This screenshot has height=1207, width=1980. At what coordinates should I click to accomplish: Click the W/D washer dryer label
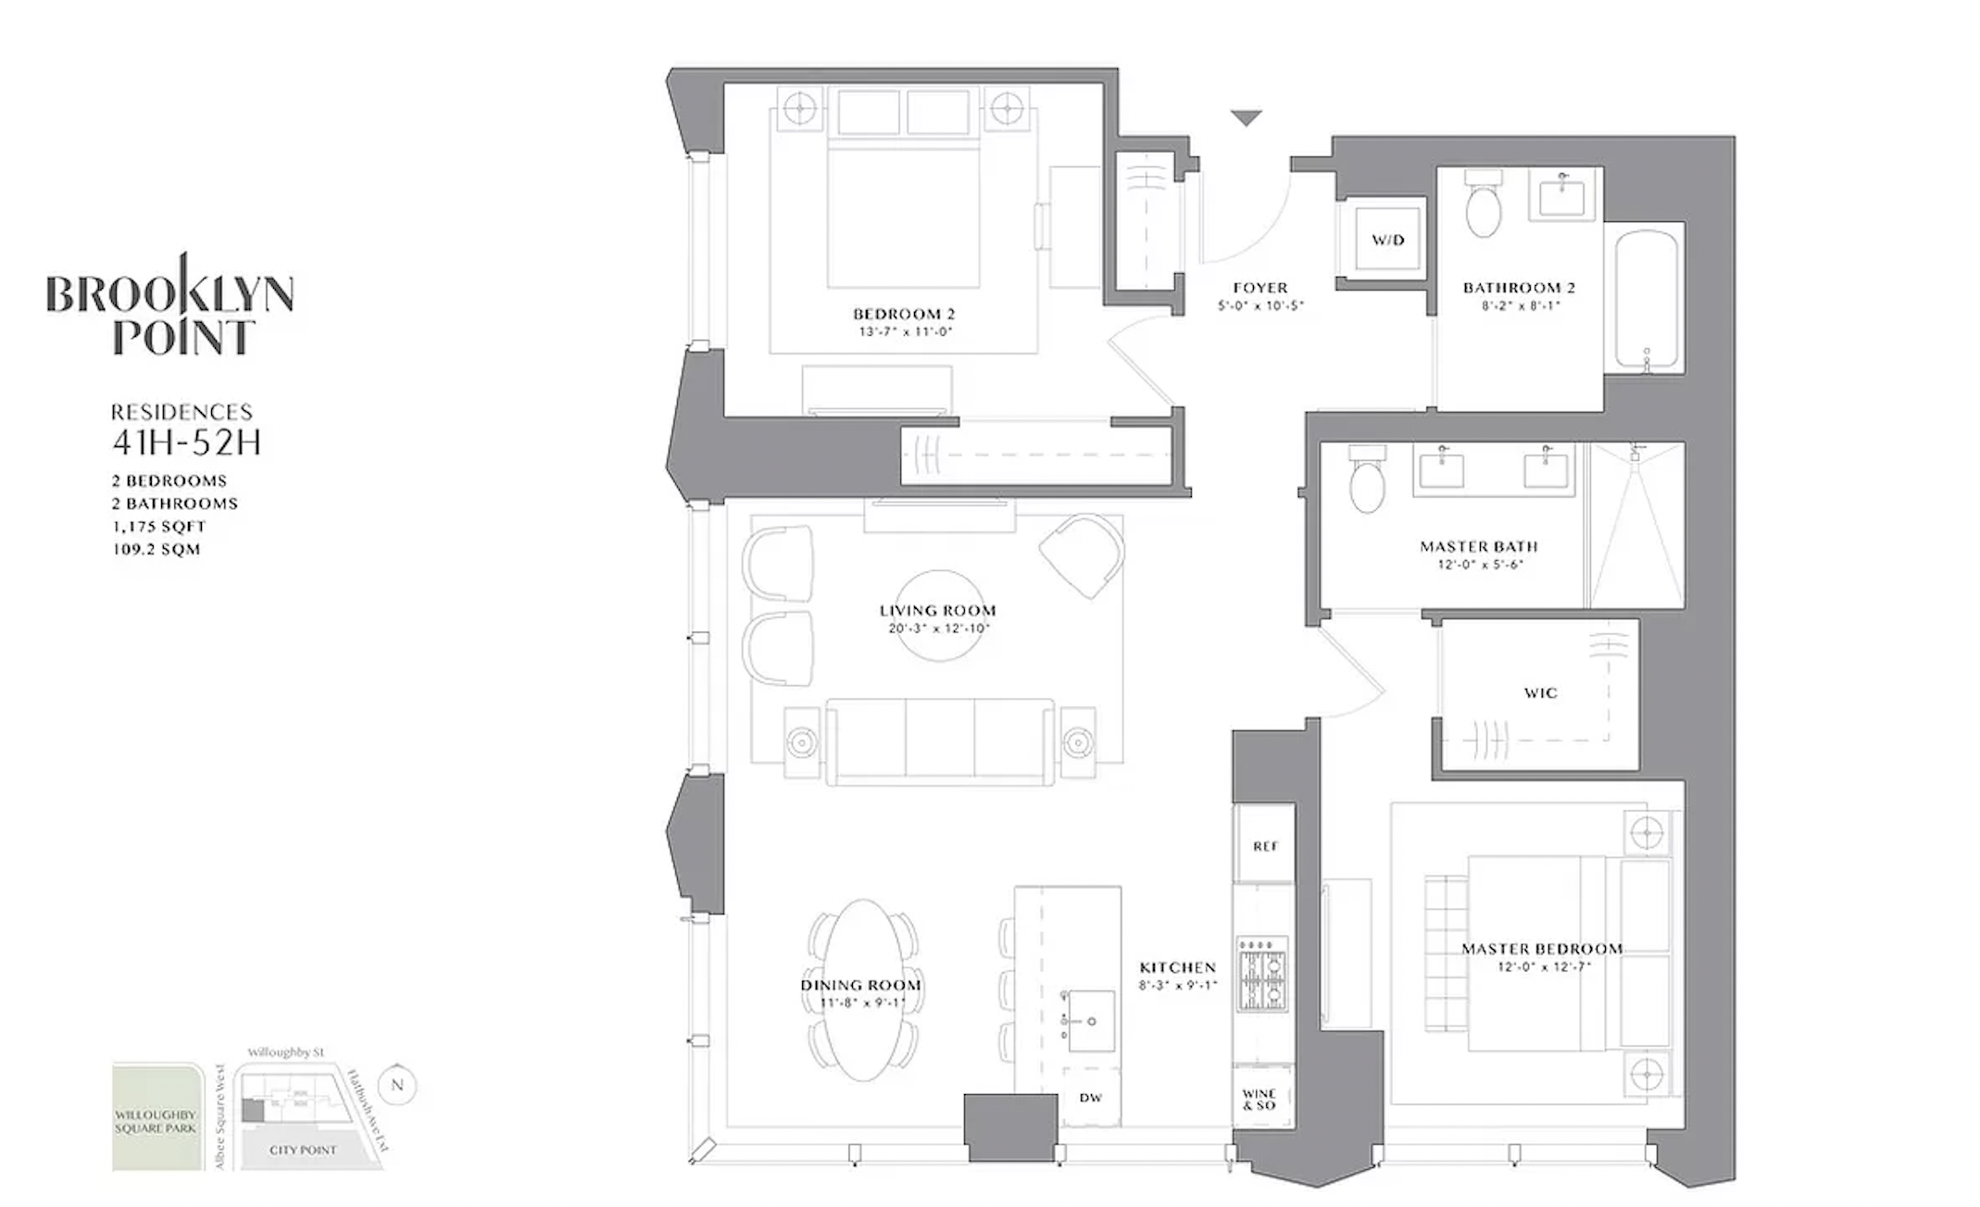pyautogui.click(x=1387, y=241)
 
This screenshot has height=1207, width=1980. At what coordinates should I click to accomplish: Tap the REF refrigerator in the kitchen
pyautogui.click(x=1265, y=846)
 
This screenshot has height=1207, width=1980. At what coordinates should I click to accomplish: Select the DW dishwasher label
pyautogui.click(x=1090, y=1098)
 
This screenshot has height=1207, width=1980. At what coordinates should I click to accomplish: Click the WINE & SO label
pyautogui.click(x=1259, y=1100)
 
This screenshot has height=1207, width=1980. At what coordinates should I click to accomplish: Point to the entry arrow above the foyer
pyautogui.click(x=1247, y=118)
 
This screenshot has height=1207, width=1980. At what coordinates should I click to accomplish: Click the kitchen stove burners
pyautogui.click(x=1262, y=973)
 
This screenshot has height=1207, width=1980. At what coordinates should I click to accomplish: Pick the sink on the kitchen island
pyautogui.click(x=1091, y=1021)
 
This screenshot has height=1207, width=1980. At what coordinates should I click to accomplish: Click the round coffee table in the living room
pyautogui.click(x=938, y=616)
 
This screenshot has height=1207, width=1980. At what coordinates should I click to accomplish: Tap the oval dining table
pyautogui.click(x=862, y=989)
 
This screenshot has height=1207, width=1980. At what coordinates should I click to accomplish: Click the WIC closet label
pyautogui.click(x=1540, y=693)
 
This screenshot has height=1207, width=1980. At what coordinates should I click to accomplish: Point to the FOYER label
pyautogui.click(x=1259, y=288)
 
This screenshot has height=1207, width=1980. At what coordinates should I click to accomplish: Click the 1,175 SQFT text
pyautogui.click(x=158, y=527)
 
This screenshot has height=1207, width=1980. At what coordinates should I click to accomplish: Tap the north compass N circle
pyautogui.click(x=397, y=1085)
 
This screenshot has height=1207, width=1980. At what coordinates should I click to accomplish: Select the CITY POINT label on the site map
pyautogui.click(x=303, y=1151)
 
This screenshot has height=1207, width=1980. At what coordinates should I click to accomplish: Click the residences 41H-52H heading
pyautogui.click(x=185, y=442)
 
